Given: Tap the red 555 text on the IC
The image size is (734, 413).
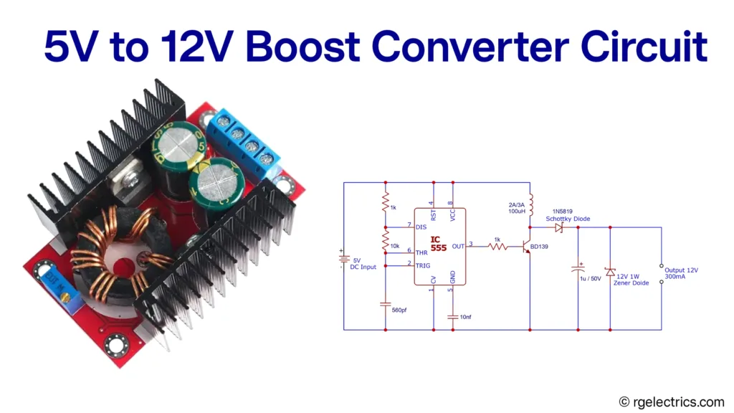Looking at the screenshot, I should [x=439, y=248].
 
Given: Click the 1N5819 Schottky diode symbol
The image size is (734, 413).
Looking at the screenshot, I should [x=559, y=228].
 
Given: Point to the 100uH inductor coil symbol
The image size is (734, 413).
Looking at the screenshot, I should [x=529, y=204].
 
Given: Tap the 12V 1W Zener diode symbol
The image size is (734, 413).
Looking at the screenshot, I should [x=610, y=272].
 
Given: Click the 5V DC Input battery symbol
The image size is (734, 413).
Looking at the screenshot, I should [x=344, y=260].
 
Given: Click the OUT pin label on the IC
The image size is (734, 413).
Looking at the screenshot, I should [x=458, y=246].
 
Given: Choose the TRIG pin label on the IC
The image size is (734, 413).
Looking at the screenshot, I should [x=423, y=265].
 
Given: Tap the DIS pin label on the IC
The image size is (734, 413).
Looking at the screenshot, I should [x=421, y=227].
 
